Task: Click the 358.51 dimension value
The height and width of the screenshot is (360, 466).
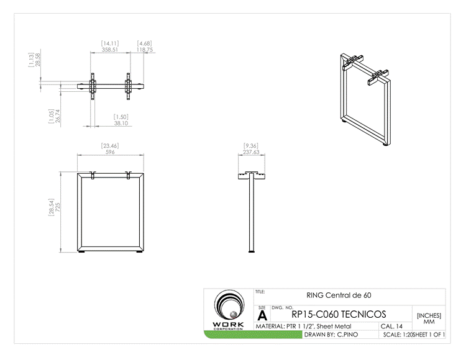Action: [111, 49]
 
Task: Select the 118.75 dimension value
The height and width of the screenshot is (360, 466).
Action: [145, 49]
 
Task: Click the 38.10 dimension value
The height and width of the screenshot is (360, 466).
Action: [121, 123]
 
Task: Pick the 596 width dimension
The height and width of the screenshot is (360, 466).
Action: [110, 151]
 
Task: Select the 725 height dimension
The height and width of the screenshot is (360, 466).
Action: [58, 211]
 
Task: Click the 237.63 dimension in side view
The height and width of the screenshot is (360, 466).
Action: [252, 151]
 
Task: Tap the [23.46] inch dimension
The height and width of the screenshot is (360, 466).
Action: [110, 145]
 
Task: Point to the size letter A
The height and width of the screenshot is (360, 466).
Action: [262, 315]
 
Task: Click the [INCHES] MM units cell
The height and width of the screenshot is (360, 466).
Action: [429, 318]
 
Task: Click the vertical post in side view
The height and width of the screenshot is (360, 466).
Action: [252, 214]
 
